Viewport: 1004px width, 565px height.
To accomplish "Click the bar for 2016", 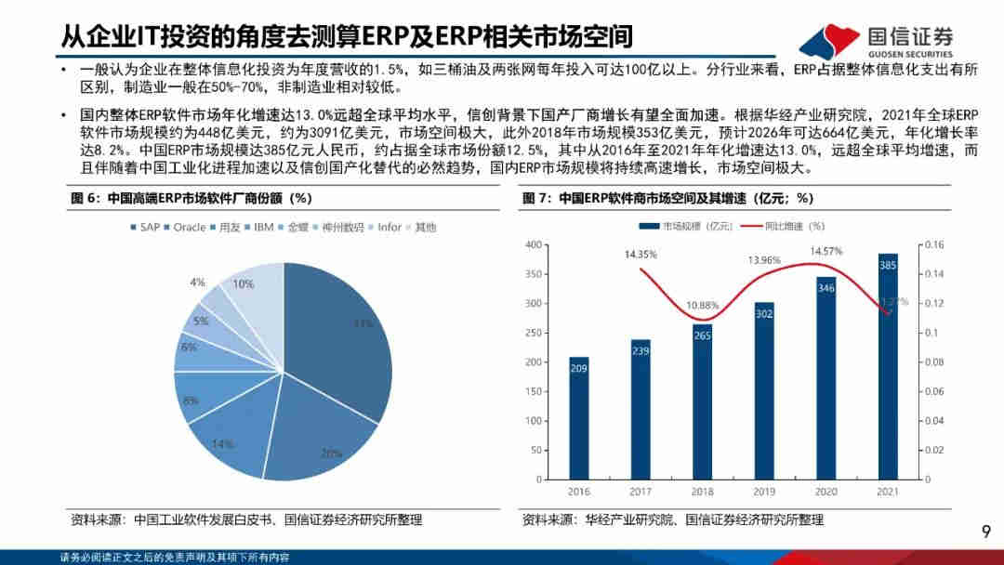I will click(x=578, y=418).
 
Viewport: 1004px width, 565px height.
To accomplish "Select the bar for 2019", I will click(x=764, y=390).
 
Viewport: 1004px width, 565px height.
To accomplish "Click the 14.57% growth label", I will click(x=826, y=251).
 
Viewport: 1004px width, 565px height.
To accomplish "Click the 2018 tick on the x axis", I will click(x=702, y=493).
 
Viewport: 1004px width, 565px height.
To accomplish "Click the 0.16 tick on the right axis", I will click(x=932, y=244).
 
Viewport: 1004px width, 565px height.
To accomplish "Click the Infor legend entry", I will click(x=385, y=227).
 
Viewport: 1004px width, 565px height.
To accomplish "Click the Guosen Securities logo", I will click(x=878, y=38).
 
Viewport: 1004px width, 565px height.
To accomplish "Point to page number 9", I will click(x=987, y=531).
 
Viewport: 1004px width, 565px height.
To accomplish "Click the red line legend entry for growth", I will click(x=784, y=225).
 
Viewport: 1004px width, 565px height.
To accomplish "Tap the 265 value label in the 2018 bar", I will click(x=702, y=335).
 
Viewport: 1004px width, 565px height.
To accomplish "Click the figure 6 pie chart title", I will click(x=191, y=198).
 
